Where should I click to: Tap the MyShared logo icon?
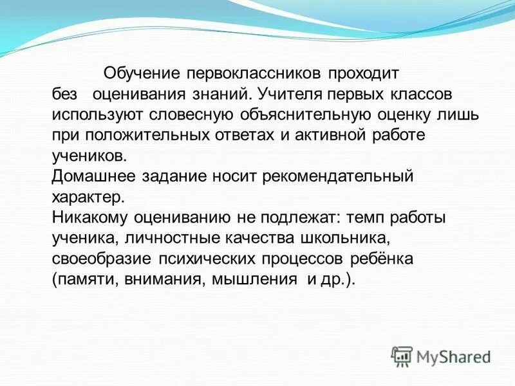[x=402, y=356]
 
